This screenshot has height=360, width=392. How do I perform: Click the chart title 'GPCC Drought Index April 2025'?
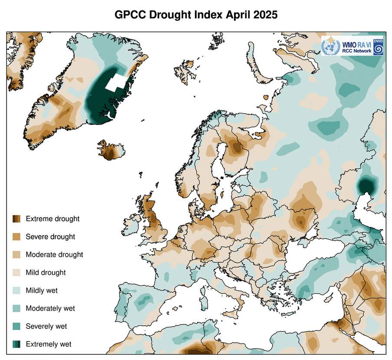pyautogui.click(x=196, y=14)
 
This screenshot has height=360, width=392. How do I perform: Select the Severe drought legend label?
pyautogui.click(x=50, y=237)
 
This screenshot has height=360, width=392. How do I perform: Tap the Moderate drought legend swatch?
pyautogui.click(x=16, y=255)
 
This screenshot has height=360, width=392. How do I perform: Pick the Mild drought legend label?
pyautogui.click(x=46, y=273)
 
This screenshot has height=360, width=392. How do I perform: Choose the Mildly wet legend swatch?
pyautogui.click(x=16, y=291)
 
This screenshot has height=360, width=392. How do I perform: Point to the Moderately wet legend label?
pyautogui.click(x=50, y=308)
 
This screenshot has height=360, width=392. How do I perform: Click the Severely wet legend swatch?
pyautogui.click(x=16, y=327)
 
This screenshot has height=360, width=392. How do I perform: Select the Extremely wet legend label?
pyautogui.click(x=49, y=344)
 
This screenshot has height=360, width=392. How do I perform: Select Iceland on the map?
pyautogui.click(x=111, y=151)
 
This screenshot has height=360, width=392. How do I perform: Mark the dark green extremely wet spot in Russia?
pyautogui.click(x=367, y=187)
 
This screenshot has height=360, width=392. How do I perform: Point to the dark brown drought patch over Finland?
pyautogui.click(x=237, y=147)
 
